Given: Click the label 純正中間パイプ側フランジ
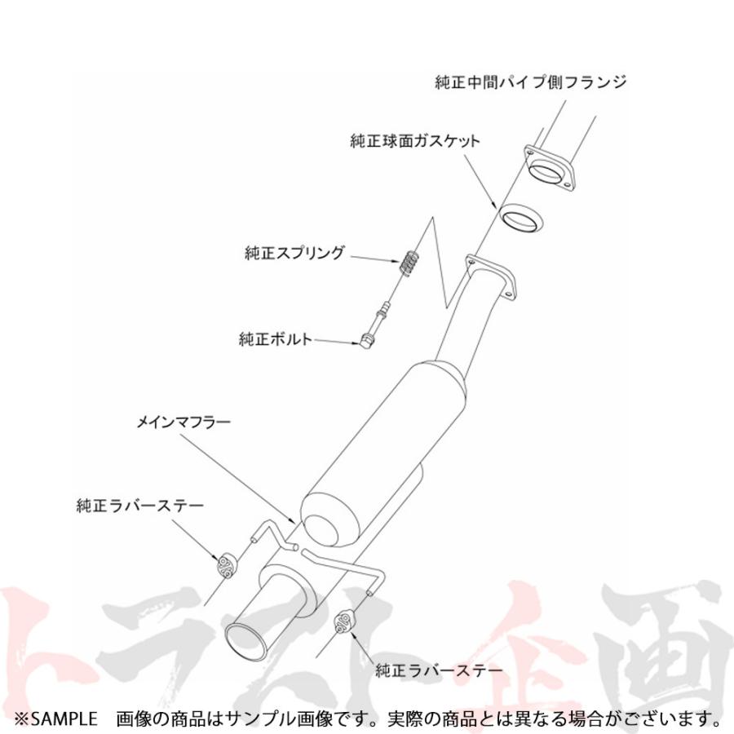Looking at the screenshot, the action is (x=530, y=82).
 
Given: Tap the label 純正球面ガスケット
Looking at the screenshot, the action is (x=415, y=141).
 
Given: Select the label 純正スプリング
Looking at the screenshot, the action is (x=294, y=253).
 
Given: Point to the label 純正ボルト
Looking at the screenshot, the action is (x=276, y=338).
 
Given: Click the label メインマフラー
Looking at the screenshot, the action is (x=183, y=422).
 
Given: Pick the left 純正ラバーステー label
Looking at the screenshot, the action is (x=140, y=506).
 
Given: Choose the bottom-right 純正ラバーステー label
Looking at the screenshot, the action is (x=439, y=670).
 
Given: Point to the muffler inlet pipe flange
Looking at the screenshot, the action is (x=490, y=276).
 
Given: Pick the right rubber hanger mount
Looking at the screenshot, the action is (x=343, y=621).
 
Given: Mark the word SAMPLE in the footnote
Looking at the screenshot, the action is (x=60, y=719).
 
